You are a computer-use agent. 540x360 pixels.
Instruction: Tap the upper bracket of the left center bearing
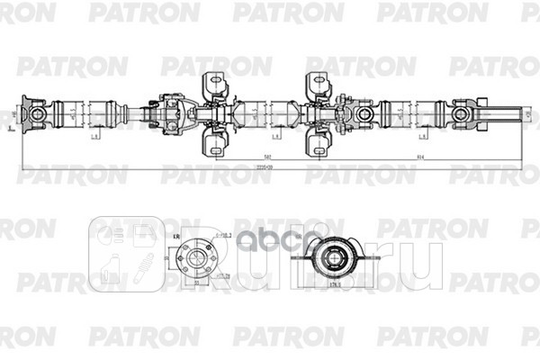[215, 86]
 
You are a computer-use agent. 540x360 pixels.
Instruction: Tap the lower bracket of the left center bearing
[215, 143]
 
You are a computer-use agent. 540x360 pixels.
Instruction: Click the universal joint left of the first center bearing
[171, 114]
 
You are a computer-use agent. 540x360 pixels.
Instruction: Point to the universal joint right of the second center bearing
[364, 114]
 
